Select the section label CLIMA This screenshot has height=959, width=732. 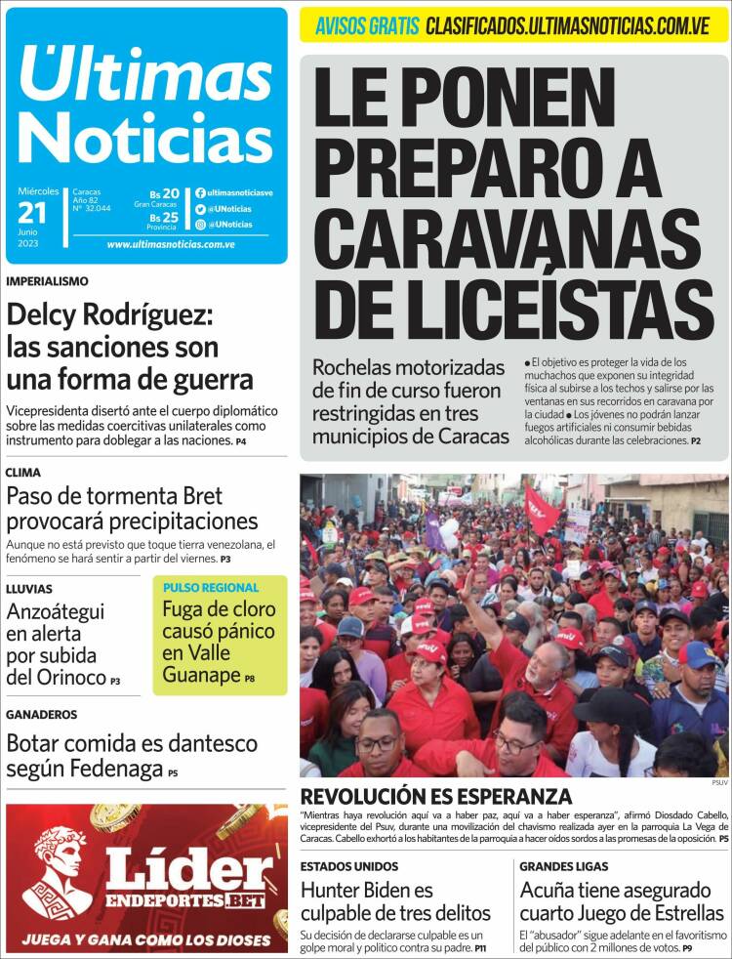coord(23,473)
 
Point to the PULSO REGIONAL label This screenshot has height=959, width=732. coord(211,588)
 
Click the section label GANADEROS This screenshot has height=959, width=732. coord(42,714)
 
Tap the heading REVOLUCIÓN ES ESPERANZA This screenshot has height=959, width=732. coord(435,796)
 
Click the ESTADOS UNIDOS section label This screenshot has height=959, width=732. coord(348,866)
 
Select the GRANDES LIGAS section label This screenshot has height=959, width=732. coord(563,866)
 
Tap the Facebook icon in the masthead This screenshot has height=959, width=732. coord(200,193)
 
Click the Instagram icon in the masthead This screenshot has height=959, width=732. coord(200,224)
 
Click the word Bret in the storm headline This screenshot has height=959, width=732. coord(201,495)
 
